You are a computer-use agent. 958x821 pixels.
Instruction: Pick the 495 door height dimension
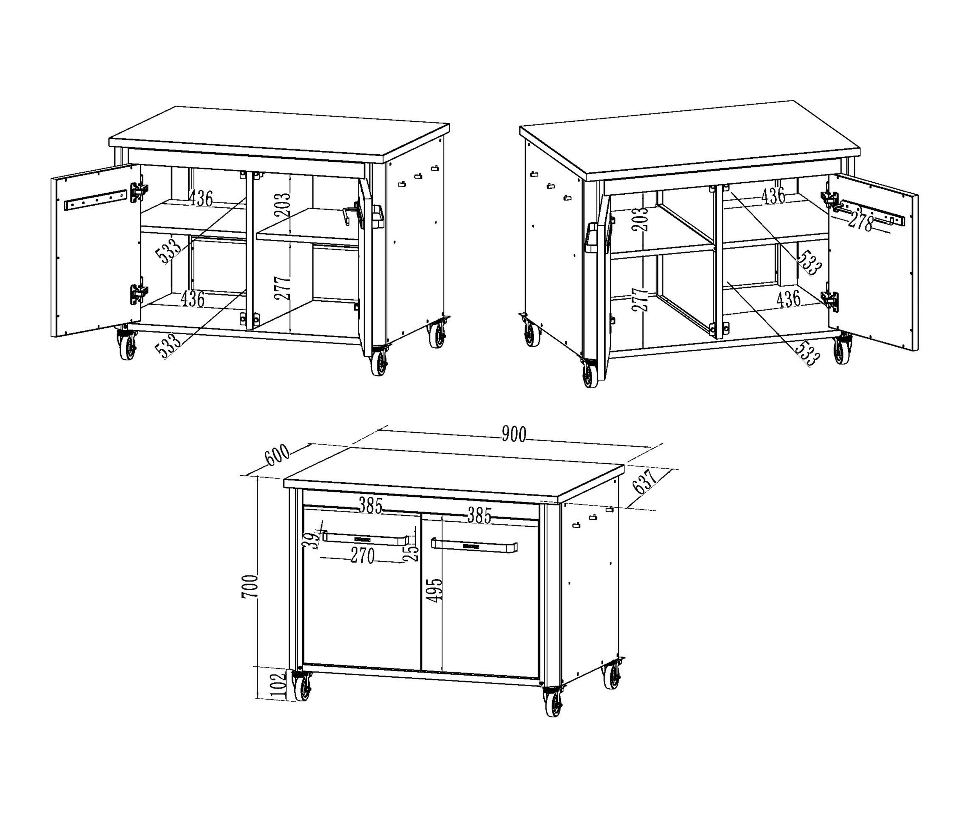[x=435, y=589]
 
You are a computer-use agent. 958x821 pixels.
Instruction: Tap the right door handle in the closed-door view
[x=474, y=546]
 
